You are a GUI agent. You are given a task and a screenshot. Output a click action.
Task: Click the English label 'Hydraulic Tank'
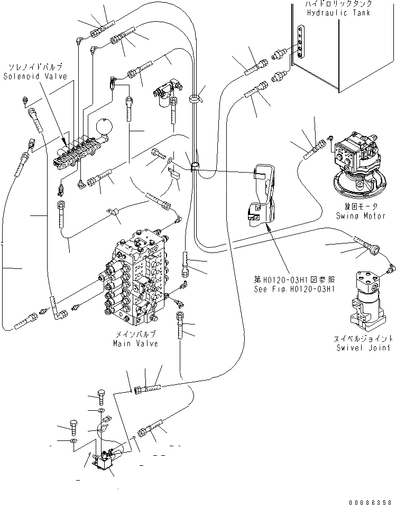coord(337,13)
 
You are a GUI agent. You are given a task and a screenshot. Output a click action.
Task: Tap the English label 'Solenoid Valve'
coord(35,76)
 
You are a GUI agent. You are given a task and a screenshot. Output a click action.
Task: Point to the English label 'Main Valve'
coord(135,344)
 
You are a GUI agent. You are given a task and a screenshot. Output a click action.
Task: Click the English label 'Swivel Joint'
coord(363,348)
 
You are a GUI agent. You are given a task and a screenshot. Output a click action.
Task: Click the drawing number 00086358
coord(370,500)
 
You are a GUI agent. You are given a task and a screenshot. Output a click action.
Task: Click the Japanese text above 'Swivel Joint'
coord(364,338)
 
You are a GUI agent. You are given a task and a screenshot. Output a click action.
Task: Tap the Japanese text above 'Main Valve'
coord(135,335)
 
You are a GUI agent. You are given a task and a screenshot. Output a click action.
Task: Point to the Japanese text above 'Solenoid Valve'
coord(35,67)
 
